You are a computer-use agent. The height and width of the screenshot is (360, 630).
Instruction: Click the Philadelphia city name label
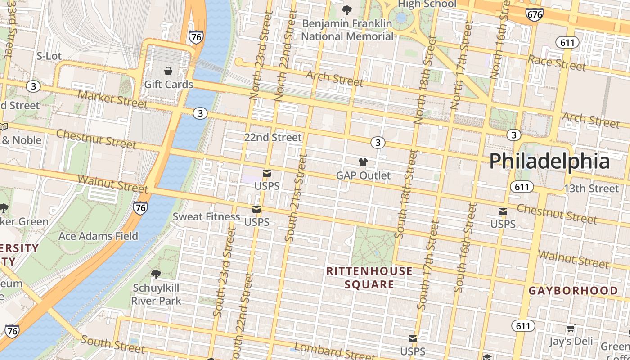point(549,161)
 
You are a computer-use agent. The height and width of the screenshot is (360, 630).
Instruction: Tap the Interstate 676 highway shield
point(534,14)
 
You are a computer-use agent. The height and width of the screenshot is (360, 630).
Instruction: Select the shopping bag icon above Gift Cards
point(168,71)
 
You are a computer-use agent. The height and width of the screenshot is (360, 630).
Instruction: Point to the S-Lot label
point(49,56)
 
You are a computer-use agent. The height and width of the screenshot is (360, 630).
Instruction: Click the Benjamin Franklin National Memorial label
point(347,30)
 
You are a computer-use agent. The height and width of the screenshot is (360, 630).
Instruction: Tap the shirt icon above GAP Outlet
point(363,162)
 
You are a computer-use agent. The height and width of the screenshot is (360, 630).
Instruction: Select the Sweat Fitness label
point(207,216)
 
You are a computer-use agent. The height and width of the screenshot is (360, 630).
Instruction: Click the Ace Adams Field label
point(98,236)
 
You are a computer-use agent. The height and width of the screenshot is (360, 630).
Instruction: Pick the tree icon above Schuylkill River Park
point(156,274)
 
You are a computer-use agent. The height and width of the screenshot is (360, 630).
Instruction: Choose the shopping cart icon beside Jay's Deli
point(571,329)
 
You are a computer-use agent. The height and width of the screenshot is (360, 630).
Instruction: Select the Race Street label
point(557,63)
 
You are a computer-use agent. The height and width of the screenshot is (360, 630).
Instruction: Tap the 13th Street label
point(591,188)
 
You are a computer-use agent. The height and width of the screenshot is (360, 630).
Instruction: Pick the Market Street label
point(112,99)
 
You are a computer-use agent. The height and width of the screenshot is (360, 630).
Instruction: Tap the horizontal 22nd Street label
point(273,137)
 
